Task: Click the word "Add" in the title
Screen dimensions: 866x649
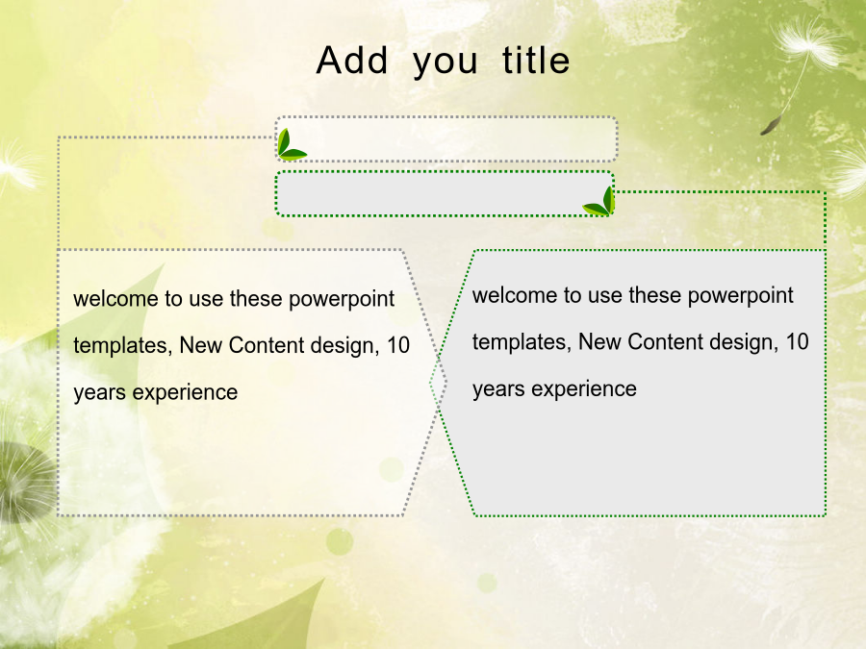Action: (x=352, y=61)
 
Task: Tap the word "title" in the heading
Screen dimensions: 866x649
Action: (x=536, y=61)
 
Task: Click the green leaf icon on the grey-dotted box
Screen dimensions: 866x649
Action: (x=291, y=145)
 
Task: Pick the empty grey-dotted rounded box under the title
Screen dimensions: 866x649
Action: (x=446, y=139)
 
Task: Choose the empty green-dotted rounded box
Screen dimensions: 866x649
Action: (x=445, y=193)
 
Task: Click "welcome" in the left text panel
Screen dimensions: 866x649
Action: (x=116, y=299)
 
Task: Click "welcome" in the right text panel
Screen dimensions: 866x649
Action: (x=515, y=295)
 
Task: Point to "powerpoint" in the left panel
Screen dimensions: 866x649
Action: (x=342, y=300)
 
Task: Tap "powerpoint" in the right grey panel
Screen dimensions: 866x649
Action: (x=740, y=296)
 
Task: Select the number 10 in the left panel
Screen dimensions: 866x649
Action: (x=397, y=345)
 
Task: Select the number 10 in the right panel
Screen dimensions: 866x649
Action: (x=797, y=342)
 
